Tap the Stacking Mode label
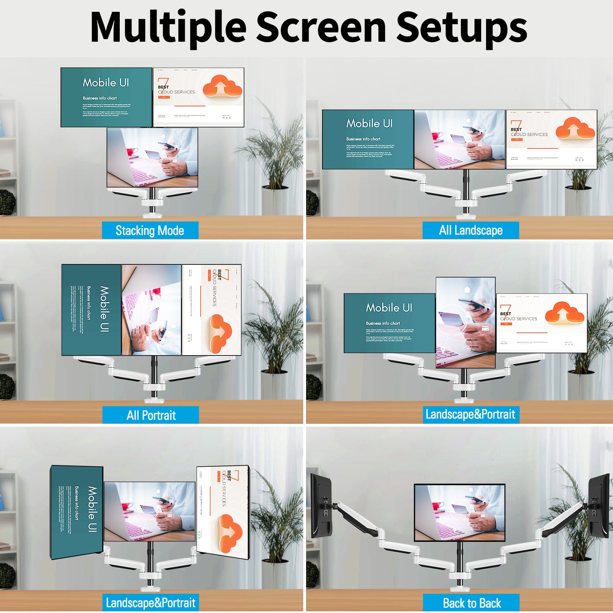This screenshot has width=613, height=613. click(150, 230)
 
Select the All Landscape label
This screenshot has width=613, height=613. click(470, 230)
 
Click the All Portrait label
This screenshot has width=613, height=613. click(151, 415)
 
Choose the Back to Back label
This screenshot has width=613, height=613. click(471, 603)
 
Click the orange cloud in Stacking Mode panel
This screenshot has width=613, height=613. click(222, 86)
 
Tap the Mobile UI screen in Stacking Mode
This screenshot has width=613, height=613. click(106, 97)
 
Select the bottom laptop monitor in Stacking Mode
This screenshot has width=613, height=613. click(152, 157)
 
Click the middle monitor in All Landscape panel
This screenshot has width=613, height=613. click(459, 139)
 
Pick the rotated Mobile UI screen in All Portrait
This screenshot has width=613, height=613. click(91, 309)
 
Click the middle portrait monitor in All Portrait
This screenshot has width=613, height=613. click(151, 309)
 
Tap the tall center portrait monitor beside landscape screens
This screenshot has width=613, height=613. click(465, 322)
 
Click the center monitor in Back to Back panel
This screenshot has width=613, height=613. click(459, 512)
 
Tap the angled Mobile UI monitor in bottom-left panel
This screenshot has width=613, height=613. click(76, 512)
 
